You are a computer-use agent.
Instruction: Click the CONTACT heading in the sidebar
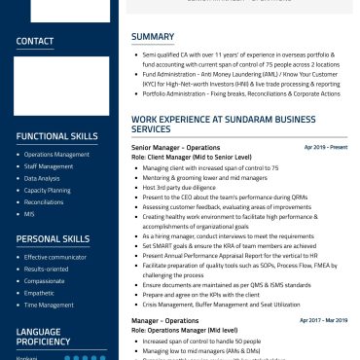[35, 41]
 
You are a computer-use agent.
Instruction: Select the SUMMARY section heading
[153, 37]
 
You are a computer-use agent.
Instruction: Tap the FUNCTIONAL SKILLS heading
[57, 136]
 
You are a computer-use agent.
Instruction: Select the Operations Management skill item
[56, 155]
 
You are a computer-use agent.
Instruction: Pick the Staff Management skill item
[49, 166]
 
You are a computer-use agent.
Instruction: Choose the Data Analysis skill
[42, 178]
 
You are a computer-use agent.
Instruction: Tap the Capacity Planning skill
[47, 190]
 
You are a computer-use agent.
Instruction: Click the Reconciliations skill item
[44, 201]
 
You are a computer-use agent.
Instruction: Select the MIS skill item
[29, 213]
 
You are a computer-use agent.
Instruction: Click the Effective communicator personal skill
[54, 257]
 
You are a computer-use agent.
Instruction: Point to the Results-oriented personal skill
[47, 269]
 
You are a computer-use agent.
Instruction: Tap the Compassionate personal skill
[45, 280]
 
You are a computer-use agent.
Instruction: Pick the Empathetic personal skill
[40, 292]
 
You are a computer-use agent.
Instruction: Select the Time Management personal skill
[48, 304]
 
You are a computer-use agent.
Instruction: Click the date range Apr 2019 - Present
[325, 147]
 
